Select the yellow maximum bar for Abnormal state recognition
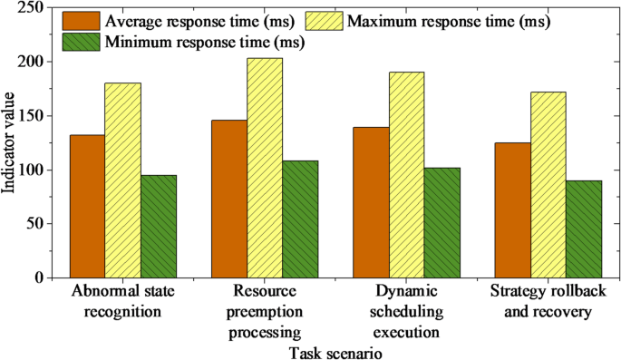(x=122, y=180)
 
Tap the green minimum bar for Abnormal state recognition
(x=159, y=226)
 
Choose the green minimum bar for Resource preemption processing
(x=300, y=219)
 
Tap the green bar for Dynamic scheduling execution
(x=441, y=222)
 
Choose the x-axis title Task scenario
(x=335, y=351)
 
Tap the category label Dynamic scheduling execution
(x=406, y=311)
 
